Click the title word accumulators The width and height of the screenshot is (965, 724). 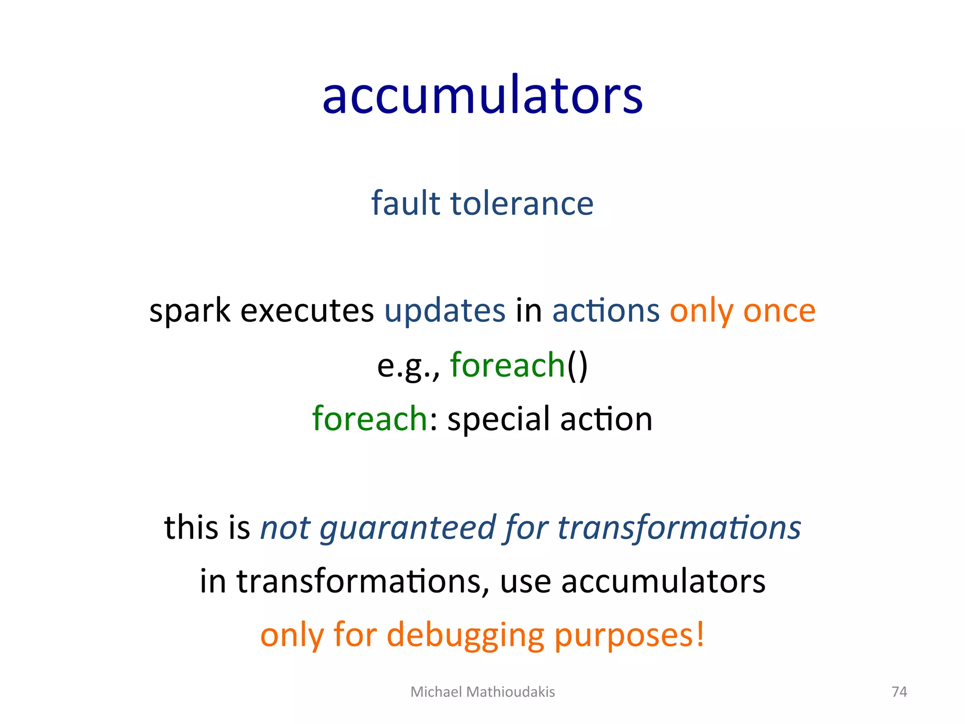click(x=482, y=97)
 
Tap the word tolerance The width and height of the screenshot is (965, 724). click(x=522, y=203)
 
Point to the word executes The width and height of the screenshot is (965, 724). click(x=307, y=311)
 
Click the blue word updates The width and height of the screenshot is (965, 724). click(x=445, y=311)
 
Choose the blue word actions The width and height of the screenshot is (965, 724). click(x=605, y=311)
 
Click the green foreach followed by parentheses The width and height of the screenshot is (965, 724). click(x=507, y=365)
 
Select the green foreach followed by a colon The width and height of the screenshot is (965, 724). click(x=369, y=419)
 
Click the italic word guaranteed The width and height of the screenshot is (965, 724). click(x=408, y=528)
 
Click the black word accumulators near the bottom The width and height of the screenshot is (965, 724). click(x=663, y=581)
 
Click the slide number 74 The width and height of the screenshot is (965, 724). click(x=899, y=691)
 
